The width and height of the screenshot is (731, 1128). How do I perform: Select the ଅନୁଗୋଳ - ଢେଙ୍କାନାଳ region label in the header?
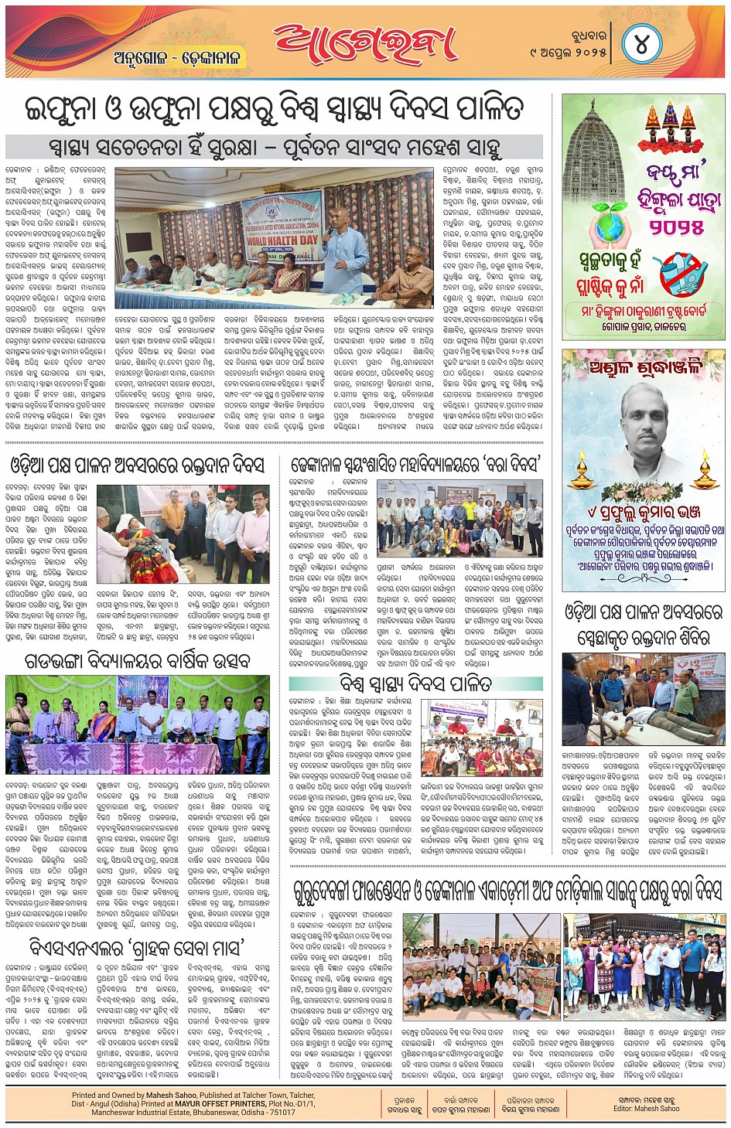coord(177,58)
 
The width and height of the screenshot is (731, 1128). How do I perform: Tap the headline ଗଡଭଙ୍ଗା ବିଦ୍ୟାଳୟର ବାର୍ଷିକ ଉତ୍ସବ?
coord(137,660)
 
